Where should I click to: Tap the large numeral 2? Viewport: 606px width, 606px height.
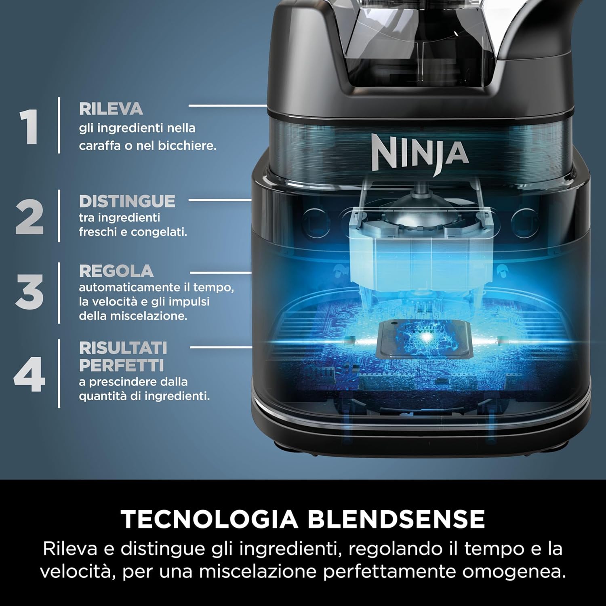point(30,217)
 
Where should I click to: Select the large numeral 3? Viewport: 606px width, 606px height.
point(29,292)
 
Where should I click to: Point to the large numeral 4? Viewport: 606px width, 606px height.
point(29,375)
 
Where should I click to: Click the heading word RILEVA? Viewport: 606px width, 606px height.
point(111,109)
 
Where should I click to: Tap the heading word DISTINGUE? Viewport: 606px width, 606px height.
point(127,201)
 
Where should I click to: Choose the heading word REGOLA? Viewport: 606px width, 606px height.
point(116,271)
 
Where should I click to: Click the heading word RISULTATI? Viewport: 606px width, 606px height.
point(123,348)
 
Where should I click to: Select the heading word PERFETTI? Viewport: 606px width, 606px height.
point(121,365)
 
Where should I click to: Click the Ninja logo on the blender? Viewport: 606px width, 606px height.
point(420,153)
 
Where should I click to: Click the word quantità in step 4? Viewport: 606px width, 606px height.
point(103,396)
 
